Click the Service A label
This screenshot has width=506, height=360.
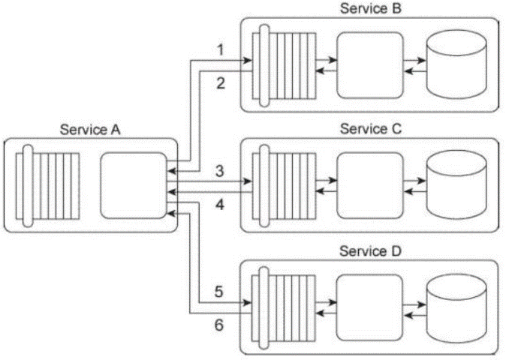click(90, 130)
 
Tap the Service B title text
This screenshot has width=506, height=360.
click(371, 8)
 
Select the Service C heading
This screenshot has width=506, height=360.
click(371, 129)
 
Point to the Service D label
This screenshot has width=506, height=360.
click(370, 250)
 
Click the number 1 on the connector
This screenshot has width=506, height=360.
click(221, 50)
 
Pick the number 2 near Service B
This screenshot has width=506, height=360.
click(221, 83)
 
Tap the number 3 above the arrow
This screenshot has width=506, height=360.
click(220, 171)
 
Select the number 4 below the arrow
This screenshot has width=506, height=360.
click(220, 205)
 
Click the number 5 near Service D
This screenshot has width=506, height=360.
click(218, 292)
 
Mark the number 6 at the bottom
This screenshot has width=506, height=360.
click(218, 325)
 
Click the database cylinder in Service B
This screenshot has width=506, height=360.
click(456, 64)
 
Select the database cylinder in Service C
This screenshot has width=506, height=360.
click(456, 184)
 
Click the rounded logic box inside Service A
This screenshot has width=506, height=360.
click(134, 186)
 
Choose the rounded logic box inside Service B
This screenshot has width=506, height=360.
click(370, 64)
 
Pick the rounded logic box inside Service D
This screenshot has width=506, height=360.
click(370, 307)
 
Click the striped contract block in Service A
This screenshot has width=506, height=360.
click(47, 186)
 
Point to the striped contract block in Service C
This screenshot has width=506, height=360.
click(284, 186)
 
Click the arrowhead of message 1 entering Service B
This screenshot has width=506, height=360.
click(248, 60)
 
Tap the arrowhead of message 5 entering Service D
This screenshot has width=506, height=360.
click(247, 303)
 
